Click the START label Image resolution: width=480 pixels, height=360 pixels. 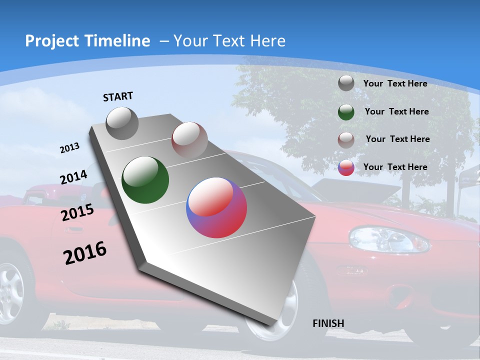[118, 96]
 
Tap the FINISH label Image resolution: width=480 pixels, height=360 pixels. [328, 323]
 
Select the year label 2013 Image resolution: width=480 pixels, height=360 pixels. [69, 148]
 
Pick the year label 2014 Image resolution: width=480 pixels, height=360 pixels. [73, 177]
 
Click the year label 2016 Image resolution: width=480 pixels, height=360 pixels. [85, 253]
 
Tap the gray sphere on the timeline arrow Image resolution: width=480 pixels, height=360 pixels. [122, 123]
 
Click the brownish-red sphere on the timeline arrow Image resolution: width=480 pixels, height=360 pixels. [189, 139]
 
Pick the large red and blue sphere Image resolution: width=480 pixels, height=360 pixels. [216, 207]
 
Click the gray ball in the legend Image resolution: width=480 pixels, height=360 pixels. [346, 83]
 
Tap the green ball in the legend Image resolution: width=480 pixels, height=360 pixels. [346, 112]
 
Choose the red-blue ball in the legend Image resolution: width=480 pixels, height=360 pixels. [346, 167]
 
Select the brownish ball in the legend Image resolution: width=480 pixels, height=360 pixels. [346, 139]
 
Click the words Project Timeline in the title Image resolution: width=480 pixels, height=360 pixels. [87, 41]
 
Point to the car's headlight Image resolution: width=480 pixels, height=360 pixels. [389, 238]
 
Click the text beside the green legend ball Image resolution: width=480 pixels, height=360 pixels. [396, 111]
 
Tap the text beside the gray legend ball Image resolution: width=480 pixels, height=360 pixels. [395, 83]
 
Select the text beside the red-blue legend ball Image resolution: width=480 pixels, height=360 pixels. [395, 167]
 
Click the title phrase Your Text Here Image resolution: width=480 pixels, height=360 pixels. [229, 41]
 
